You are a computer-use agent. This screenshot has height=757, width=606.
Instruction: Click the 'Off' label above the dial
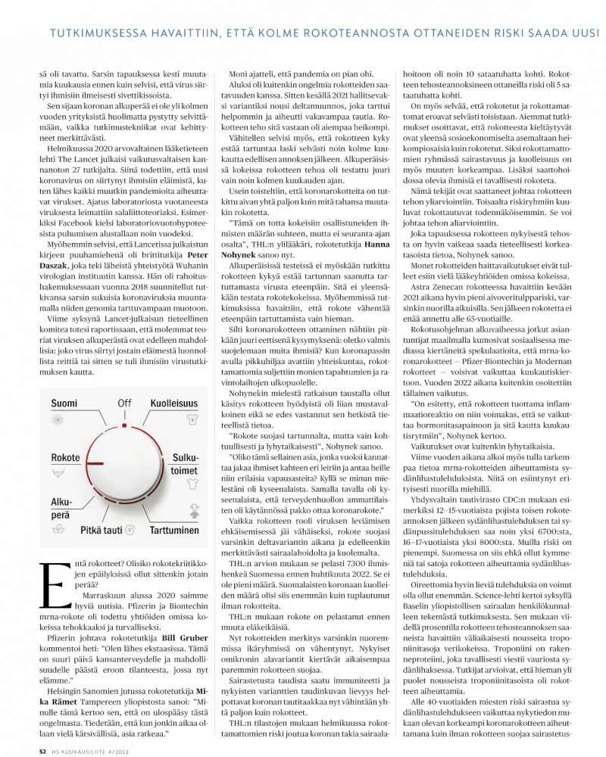pyautogui.click(x=124, y=403)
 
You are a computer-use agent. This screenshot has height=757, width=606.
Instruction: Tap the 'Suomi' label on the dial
pyautogui.click(x=64, y=403)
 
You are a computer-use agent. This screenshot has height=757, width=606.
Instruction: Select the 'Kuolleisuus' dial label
pyautogui.click(x=174, y=403)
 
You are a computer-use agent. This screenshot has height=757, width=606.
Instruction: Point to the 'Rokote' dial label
pyautogui.click(x=65, y=459)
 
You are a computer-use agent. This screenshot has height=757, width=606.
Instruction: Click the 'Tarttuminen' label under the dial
pyautogui.click(x=175, y=531)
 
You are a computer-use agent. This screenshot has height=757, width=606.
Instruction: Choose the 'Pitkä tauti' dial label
pyautogui.click(x=102, y=531)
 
